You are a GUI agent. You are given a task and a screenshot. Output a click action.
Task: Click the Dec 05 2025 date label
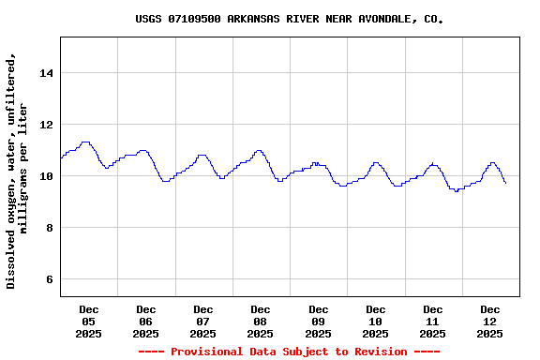point(88,321)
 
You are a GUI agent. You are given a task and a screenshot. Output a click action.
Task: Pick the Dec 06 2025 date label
point(145,321)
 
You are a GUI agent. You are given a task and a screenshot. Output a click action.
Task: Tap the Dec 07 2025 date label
point(202,321)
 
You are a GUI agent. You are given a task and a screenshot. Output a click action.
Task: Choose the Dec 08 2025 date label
point(261,321)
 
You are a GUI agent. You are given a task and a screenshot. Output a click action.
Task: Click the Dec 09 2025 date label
point(318,321)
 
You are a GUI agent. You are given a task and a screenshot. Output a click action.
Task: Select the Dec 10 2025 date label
point(375,321)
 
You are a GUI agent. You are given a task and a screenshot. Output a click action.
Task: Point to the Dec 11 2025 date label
point(432,321)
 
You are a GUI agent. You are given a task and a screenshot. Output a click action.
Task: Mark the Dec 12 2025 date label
point(489,321)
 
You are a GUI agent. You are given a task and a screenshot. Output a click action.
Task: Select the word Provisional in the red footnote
point(207,352)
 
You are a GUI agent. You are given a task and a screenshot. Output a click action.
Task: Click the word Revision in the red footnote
point(378,352)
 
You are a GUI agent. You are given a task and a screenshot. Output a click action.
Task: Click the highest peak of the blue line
point(85,142)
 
